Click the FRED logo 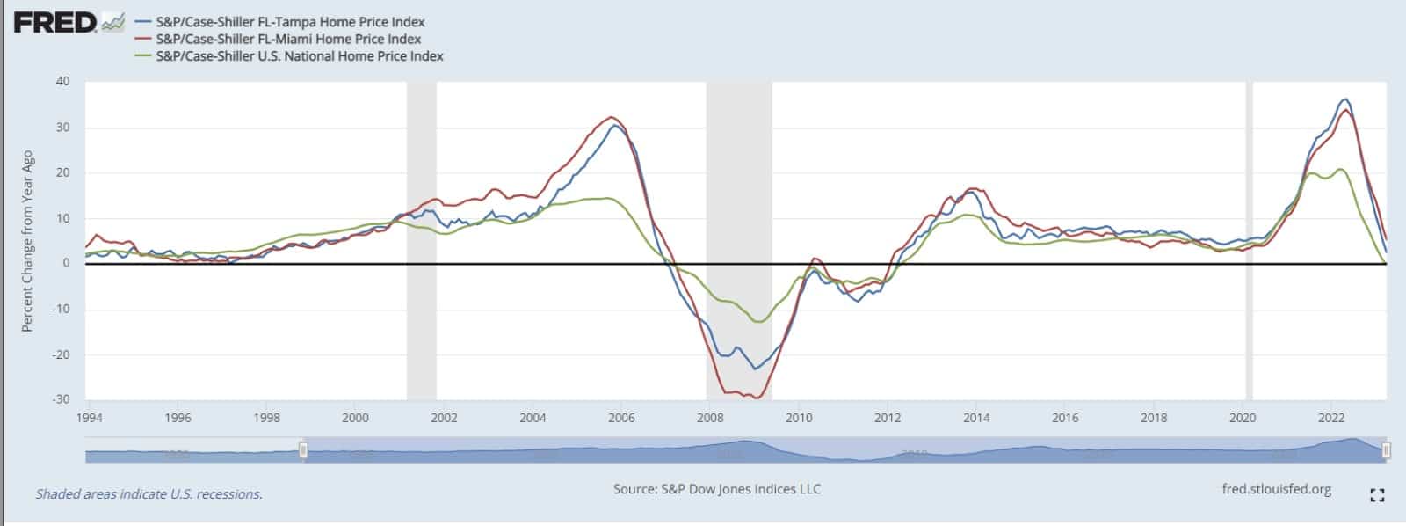pos(54,22)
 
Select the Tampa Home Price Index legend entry pos(290,22)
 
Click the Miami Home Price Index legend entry pos(288,39)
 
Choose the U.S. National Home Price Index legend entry pos(299,56)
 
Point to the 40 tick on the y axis pos(62,82)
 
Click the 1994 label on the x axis pos(90,418)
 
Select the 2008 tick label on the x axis pos(710,418)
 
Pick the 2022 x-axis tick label pos(1332,418)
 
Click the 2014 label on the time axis pos(976,418)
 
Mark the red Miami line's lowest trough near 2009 pos(756,398)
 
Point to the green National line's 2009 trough pos(758,322)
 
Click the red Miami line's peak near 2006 pos(612,118)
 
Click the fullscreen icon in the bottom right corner pos(1377,495)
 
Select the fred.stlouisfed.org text pos(1276,489)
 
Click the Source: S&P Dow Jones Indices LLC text pos(717,489)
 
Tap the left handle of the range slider pos(304,450)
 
